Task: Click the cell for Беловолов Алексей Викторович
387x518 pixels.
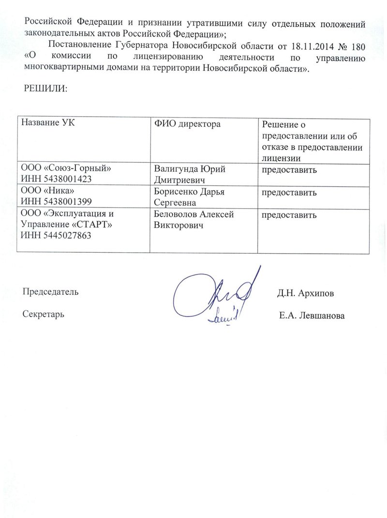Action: point(194,219)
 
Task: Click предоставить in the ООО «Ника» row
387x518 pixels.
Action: point(289,193)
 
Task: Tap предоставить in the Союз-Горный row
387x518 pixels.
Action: point(289,170)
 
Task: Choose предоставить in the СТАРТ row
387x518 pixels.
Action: point(289,215)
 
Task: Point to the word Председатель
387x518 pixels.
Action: point(50,292)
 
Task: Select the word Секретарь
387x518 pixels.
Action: point(44,313)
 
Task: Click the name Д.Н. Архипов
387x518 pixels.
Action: point(305,293)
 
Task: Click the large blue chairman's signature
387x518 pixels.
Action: point(213,293)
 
